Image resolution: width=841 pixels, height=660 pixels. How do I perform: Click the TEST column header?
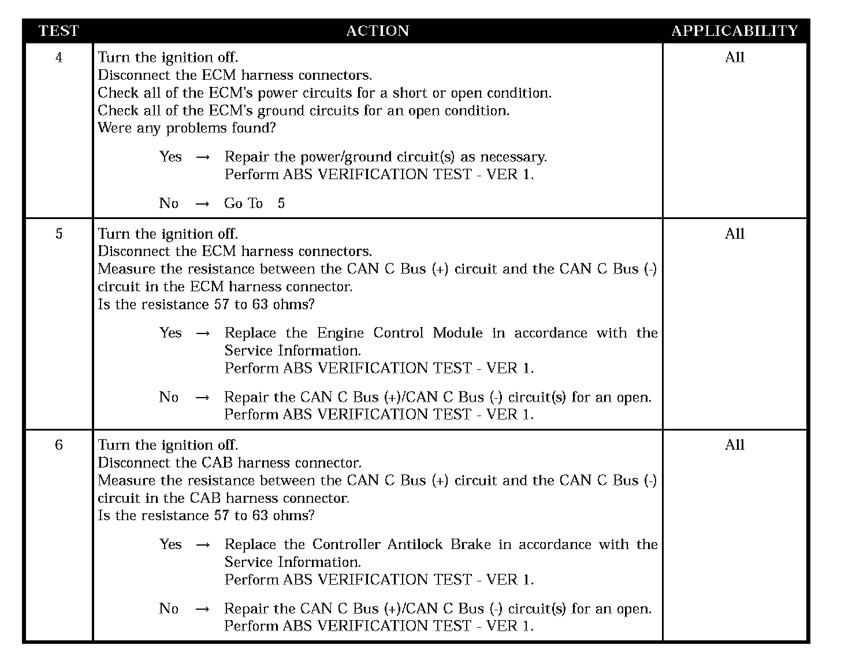point(58,31)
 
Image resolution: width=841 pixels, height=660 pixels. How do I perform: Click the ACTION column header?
point(377,31)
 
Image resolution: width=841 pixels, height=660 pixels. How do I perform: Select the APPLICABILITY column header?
point(734,31)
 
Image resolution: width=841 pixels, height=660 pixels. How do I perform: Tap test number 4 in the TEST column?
point(58,57)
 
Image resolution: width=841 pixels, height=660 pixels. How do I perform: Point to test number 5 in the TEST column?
point(58,233)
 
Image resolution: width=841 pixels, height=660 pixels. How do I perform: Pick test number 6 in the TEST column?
point(58,445)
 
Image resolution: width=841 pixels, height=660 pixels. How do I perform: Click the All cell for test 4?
point(735,57)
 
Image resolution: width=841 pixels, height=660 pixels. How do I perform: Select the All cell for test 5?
point(735,233)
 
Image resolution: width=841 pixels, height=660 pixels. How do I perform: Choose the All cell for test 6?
point(735,445)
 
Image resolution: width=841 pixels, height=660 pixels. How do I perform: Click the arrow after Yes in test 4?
point(202,157)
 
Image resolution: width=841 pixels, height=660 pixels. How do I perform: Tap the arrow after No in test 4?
point(202,203)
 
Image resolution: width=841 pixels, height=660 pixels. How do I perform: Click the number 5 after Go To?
point(281,203)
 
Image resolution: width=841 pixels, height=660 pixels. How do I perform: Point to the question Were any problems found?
point(187,128)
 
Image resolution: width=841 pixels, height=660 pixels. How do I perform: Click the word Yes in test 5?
point(170,333)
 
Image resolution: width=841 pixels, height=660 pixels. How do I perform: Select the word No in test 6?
point(169,608)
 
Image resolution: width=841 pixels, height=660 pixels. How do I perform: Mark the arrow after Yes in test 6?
point(202,544)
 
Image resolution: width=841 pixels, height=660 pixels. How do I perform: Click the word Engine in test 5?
point(340,333)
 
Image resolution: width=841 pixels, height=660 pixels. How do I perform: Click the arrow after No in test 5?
point(202,397)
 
